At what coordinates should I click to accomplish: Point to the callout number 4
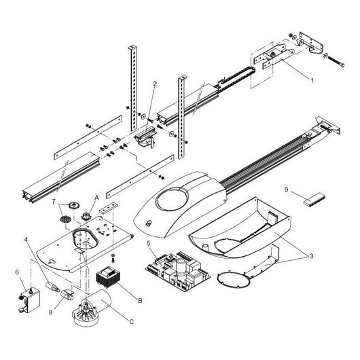(27, 240)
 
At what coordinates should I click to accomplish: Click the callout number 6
(17, 273)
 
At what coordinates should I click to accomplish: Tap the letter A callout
(96, 196)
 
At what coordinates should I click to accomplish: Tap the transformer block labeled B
(108, 278)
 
